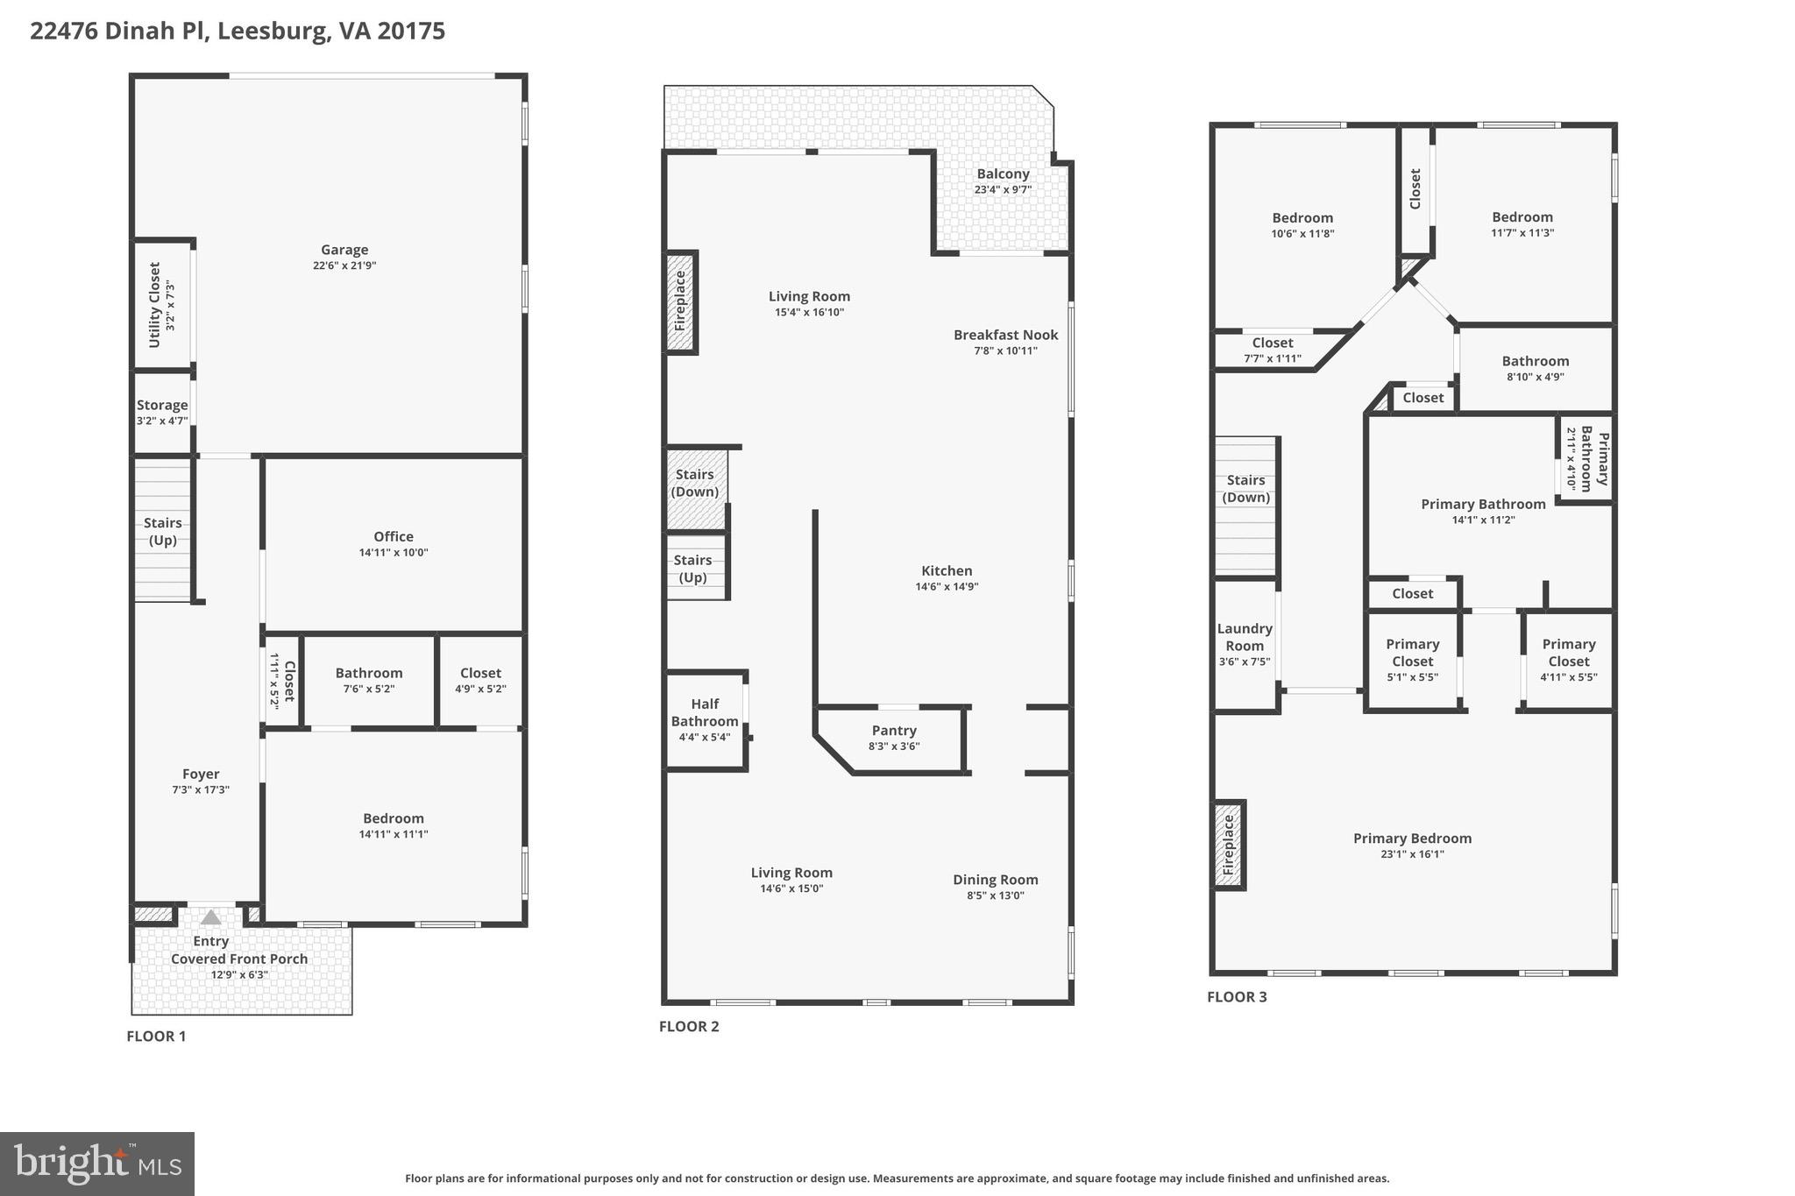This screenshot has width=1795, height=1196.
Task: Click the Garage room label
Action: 344,250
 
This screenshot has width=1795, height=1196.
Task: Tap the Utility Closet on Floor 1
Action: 161,305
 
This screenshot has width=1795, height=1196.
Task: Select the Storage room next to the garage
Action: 162,412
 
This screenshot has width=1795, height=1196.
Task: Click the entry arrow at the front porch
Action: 210,917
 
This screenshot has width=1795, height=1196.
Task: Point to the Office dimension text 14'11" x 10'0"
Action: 393,553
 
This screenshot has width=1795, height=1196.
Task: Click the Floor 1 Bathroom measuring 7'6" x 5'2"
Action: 369,680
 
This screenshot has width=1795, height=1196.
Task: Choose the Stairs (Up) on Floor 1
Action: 163,531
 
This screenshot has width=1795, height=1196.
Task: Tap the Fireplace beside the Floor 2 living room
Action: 680,301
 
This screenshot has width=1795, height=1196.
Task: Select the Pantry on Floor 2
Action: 894,738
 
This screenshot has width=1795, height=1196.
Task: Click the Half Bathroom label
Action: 705,712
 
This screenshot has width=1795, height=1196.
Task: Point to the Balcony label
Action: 1003,173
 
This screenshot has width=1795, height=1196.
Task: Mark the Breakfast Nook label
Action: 1005,335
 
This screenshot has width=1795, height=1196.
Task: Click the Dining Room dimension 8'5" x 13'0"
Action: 995,895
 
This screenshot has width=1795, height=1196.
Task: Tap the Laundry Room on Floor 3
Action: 1245,644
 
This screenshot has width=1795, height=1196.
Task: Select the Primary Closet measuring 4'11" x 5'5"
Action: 1568,660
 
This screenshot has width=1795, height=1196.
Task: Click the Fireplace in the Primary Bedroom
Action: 1229,845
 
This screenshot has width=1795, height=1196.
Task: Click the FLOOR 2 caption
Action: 689,1026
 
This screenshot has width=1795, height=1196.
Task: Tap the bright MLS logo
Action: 97,1164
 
